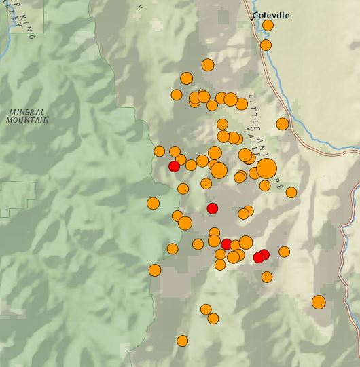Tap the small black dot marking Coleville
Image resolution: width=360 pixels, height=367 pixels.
252,19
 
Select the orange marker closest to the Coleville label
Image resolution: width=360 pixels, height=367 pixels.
268,26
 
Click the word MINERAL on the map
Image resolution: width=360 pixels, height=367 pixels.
27,112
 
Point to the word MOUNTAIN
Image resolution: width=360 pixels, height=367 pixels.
27,120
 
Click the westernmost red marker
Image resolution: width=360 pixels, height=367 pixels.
174,166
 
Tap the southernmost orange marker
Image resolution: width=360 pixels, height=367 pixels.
182,341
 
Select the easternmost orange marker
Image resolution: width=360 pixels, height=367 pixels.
319,302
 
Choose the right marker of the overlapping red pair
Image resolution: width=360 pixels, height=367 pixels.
264,254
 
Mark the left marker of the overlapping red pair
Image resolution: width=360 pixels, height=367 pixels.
258,257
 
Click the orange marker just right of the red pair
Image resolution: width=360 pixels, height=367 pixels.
284,252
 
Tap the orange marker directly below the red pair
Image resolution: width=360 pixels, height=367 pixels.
267,277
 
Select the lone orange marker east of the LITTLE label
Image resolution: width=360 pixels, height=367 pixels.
283,123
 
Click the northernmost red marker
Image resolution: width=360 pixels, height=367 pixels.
174,166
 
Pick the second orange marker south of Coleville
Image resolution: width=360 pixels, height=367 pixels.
266,45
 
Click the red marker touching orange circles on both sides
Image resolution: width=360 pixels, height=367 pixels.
226,244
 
